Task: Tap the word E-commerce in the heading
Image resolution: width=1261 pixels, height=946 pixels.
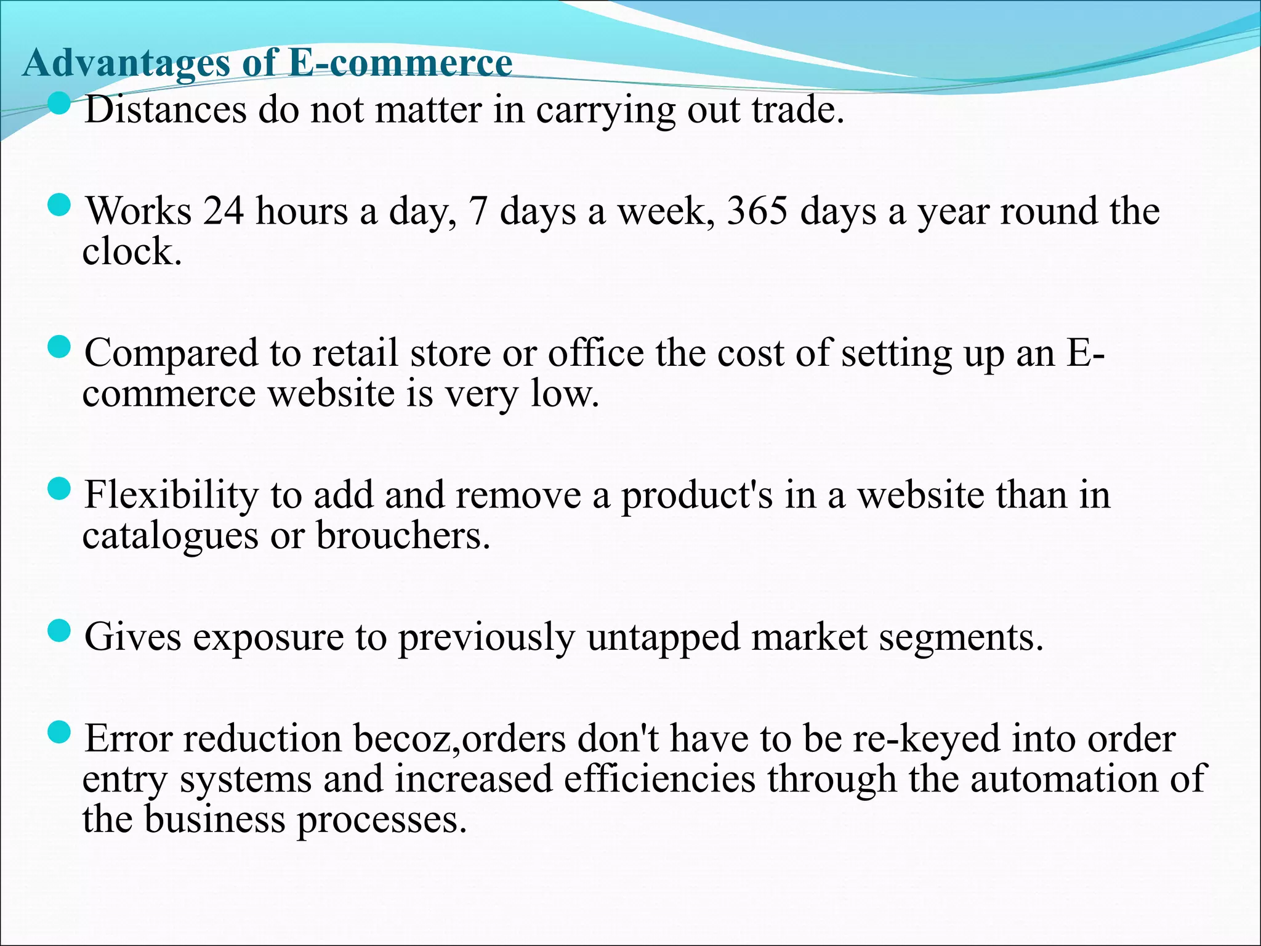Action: click(400, 63)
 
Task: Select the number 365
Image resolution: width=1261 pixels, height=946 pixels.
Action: click(757, 211)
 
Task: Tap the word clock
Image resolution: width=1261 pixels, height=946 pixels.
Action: click(132, 252)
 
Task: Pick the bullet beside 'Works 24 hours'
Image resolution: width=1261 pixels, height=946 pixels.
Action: click(59, 204)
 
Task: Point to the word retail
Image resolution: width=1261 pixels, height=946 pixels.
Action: click(355, 354)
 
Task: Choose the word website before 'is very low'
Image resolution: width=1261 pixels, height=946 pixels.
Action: click(331, 394)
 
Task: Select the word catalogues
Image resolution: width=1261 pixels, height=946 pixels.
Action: click(170, 536)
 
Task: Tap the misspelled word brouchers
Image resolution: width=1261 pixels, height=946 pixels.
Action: click(403, 536)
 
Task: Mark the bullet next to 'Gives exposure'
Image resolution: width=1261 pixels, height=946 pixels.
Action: click(59, 631)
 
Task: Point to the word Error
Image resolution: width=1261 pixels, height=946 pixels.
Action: click(128, 739)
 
